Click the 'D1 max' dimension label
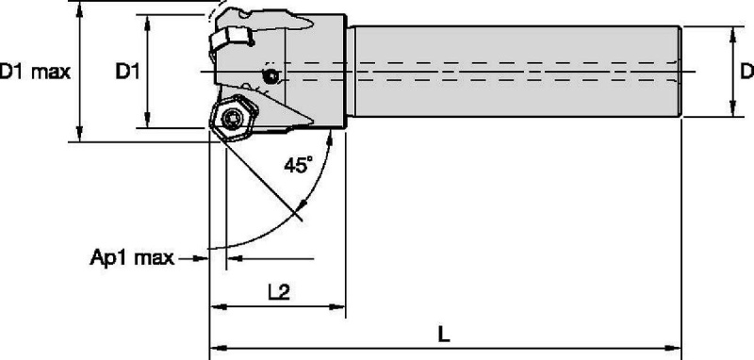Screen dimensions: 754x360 click(x=35, y=73)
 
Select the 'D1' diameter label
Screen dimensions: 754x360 click(x=127, y=73)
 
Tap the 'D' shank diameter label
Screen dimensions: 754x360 click(x=746, y=72)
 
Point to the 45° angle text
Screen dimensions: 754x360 click(x=295, y=165)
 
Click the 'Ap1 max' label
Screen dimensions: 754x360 click(x=132, y=258)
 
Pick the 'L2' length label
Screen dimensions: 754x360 click(x=278, y=292)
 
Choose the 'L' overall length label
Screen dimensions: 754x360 click(x=444, y=335)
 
